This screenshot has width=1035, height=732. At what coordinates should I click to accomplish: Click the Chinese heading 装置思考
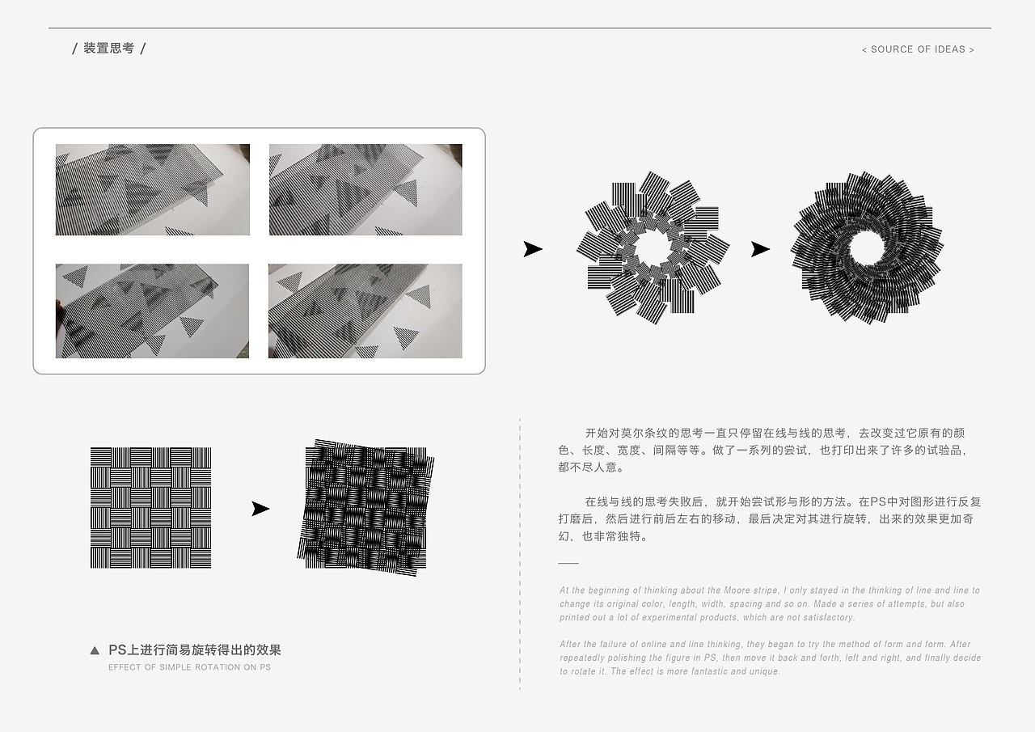(x=108, y=48)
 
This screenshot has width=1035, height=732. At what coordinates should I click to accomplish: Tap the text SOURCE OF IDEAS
(x=918, y=49)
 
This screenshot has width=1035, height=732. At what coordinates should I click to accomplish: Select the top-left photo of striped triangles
(x=153, y=189)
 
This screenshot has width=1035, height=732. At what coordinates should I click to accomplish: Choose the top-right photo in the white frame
(x=365, y=189)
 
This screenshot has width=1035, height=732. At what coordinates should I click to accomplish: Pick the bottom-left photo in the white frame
(x=152, y=311)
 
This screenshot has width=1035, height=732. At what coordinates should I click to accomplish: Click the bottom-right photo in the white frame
(x=365, y=311)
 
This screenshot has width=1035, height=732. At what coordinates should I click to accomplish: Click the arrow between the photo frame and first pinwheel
(x=533, y=249)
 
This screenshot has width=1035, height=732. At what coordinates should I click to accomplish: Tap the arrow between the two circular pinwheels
(x=761, y=249)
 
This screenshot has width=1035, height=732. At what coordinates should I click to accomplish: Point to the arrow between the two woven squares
(x=260, y=509)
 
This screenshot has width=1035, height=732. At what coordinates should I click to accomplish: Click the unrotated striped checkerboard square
(x=150, y=507)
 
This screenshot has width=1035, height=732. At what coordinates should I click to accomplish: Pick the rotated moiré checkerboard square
(x=365, y=507)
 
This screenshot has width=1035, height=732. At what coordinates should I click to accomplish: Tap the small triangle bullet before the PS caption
(x=95, y=650)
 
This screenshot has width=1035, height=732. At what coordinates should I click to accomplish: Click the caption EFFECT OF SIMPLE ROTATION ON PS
(x=189, y=667)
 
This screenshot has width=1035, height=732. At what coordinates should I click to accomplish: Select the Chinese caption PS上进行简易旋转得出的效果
(x=195, y=650)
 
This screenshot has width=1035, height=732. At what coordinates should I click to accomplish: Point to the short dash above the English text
(x=568, y=563)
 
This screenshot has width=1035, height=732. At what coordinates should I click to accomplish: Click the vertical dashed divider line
(x=520, y=554)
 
